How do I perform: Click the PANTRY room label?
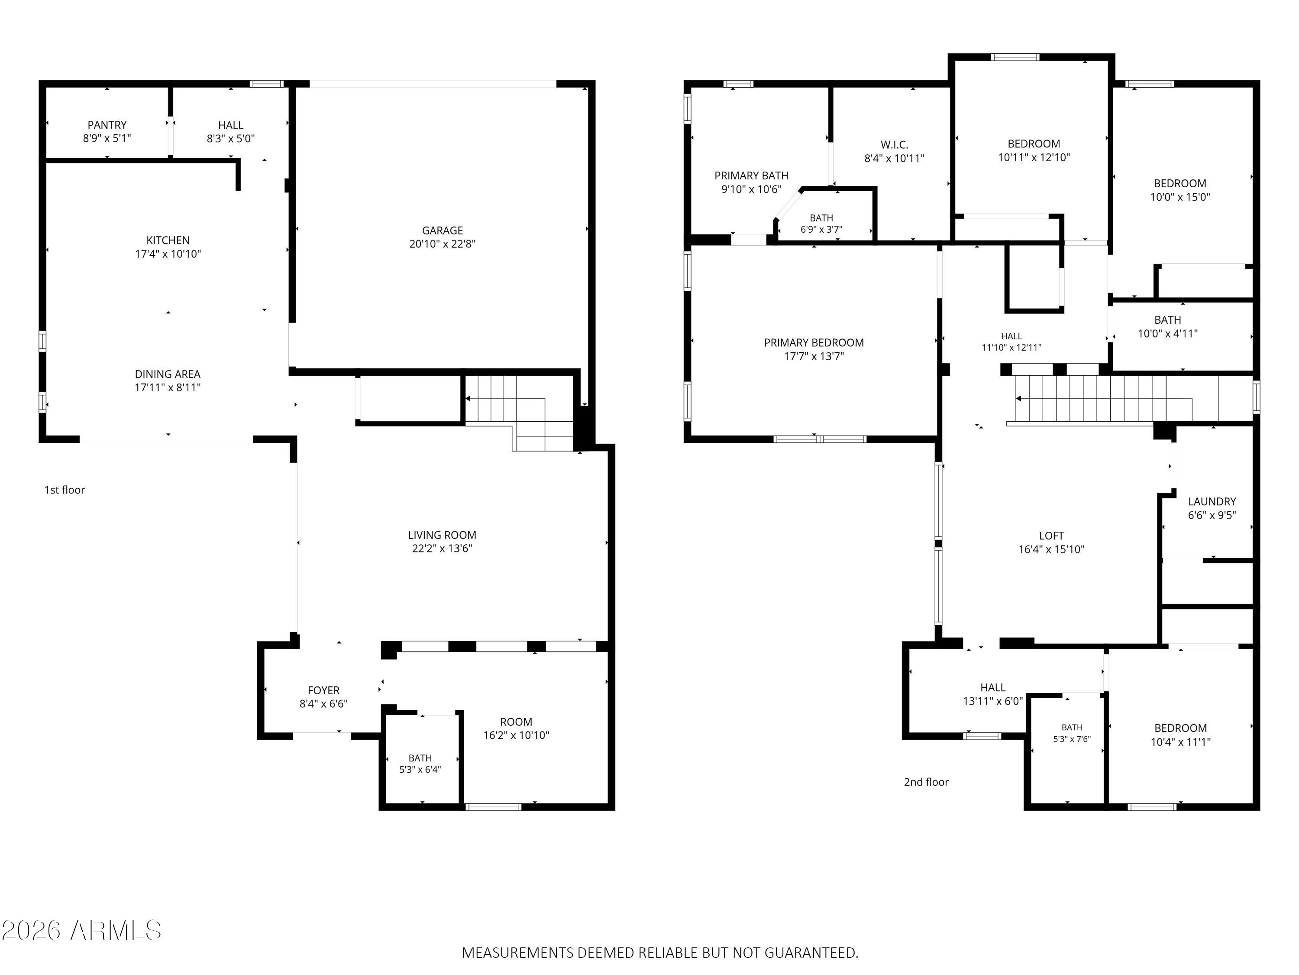click(107, 125)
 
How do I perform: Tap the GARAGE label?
click(442, 231)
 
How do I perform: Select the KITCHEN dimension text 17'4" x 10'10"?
click(168, 254)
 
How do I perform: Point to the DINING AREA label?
click(168, 374)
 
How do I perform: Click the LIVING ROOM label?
click(442, 535)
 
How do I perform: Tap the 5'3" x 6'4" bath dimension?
click(420, 769)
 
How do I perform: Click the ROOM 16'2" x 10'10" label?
click(516, 728)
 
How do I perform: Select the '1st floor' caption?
click(65, 490)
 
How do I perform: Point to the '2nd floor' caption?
click(926, 782)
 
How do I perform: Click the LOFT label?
click(1051, 536)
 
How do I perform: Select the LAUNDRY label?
click(1212, 501)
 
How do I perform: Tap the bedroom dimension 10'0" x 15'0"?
click(1180, 197)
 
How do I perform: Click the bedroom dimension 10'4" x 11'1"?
click(1180, 742)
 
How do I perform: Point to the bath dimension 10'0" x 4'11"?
click(1167, 333)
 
